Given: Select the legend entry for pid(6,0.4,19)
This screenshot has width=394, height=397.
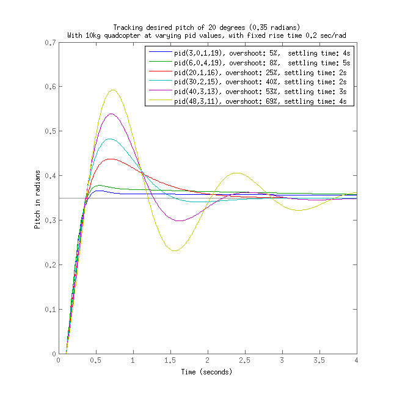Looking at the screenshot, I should pyautogui.click(x=247, y=63).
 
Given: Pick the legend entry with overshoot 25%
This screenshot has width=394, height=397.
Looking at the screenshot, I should pyautogui.click(x=247, y=72).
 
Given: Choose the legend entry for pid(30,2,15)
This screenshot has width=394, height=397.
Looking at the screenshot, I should pyautogui.click(x=247, y=81).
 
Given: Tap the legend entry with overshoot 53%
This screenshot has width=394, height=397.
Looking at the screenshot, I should pyautogui.click(x=247, y=90).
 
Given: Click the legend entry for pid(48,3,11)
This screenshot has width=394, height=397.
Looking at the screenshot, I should pyautogui.click(x=247, y=100).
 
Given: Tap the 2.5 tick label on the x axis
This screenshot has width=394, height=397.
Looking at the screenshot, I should pyautogui.click(x=245, y=361).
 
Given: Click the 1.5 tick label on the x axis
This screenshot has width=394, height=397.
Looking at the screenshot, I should pyautogui.click(x=170, y=361).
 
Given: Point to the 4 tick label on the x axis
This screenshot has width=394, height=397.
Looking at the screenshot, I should pyautogui.click(x=357, y=361).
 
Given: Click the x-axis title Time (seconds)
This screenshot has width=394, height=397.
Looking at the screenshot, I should pyautogui.click(x=207, y=371).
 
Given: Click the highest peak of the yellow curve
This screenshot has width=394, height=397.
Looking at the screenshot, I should pyautogui.click(x=112, y=90).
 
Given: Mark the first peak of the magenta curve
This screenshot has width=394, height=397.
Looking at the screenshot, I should pyautogui.click(x=111, y=114).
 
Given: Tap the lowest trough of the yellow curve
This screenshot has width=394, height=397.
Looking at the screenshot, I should pyautogui.click(x=175, y=250).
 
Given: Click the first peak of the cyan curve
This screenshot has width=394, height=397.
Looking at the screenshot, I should pyautogui.click(x=110, y=139).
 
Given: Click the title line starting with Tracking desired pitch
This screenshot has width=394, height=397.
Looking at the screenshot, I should pyautogui.click(x=207, y=27).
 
